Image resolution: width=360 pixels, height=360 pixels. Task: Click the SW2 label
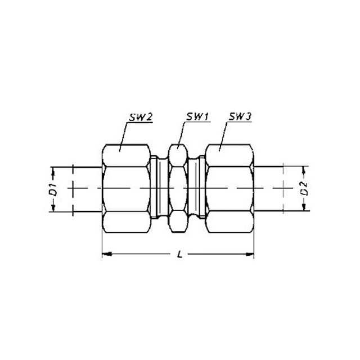pos(141,117)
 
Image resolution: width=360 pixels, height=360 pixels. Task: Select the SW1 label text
pos(197,117)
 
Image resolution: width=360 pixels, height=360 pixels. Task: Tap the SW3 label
pos(240,117)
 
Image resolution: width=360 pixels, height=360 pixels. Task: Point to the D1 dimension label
pos(54,189)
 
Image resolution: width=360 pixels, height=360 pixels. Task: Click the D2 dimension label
pos(304,188)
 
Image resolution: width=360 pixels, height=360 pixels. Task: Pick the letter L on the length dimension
pos(180,254)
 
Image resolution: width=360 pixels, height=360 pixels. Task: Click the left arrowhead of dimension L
pos(107,254)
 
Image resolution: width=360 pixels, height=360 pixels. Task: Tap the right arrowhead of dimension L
pos(250,254)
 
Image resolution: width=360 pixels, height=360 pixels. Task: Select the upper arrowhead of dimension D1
pos(53,172)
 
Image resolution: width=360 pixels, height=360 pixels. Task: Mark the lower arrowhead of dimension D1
pos(53,207)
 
